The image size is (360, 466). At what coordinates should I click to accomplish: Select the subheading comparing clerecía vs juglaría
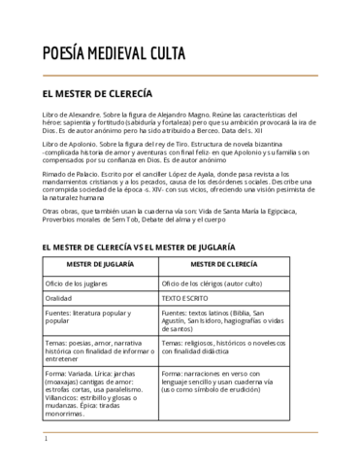coord(138,248)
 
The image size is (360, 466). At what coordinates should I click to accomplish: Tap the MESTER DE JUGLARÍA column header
coord(101,265)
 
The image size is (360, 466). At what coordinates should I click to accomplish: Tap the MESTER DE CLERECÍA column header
coord(224,265)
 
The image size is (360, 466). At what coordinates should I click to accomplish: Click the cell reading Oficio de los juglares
coord(78,283)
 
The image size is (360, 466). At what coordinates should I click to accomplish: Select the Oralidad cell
coord(60,299)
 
